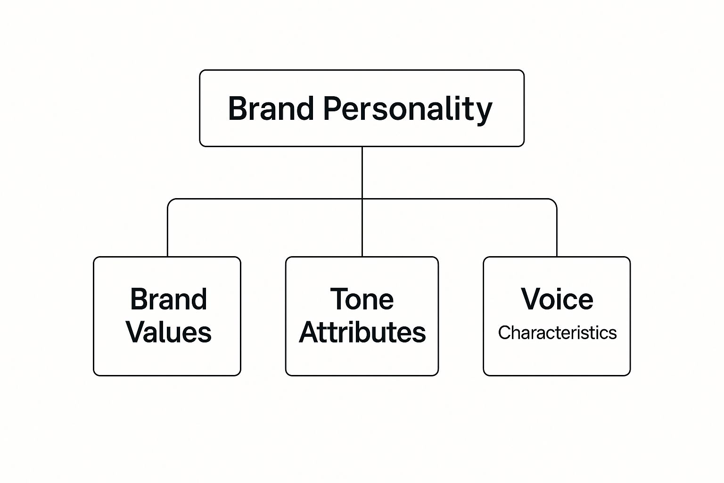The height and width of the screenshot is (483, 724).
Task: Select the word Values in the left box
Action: [168, 332]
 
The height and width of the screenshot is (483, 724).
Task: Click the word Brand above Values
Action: [168, 299]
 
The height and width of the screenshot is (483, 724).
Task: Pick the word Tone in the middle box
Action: [362, 299]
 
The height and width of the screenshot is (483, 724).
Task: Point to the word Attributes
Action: [362, 332]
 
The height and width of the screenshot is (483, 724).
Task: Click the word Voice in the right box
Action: [557, 299]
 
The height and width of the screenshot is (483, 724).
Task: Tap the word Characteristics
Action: [557, 333]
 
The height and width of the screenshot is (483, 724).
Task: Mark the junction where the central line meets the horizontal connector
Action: [362, 199]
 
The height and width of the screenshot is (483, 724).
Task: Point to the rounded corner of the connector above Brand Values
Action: [170, 201]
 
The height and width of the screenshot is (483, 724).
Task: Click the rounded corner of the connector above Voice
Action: [554, 201]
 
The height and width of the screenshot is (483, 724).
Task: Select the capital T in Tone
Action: [339, 299]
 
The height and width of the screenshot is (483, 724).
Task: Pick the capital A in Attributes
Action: [310, 332]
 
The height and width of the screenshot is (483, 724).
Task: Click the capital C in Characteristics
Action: [504, 333]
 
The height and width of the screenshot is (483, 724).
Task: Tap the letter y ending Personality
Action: [484, 113]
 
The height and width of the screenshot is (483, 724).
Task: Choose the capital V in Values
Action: [136, 332]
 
